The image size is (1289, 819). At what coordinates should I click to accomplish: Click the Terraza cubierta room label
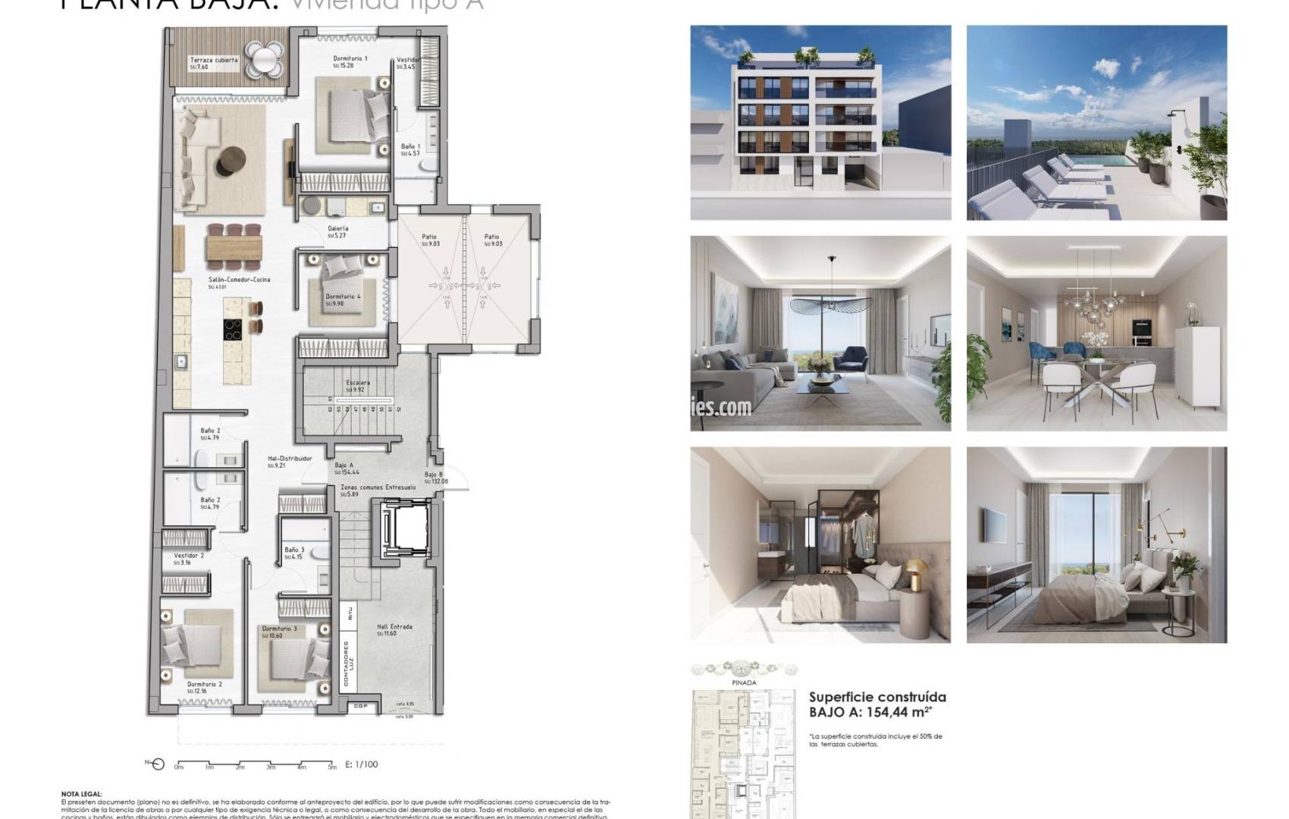214,60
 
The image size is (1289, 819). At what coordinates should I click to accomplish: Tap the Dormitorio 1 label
350,58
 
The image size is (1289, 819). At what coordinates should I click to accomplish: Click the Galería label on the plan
338,228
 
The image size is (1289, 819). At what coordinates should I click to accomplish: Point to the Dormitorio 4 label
343,297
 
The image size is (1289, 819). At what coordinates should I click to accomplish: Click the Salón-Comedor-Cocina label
239,280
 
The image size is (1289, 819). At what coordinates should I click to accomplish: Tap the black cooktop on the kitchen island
233,328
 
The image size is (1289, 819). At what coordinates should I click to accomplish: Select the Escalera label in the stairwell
358,383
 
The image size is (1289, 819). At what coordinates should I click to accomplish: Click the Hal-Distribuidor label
290,459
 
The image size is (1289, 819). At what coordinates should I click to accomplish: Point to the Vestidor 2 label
189,556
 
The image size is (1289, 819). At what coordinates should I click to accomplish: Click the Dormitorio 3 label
279,629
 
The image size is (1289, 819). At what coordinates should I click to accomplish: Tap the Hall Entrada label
394,627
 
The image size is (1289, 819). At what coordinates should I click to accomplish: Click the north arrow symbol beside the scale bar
157,764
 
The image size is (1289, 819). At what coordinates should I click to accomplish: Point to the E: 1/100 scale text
361,764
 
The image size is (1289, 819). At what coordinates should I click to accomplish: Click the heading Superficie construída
877,697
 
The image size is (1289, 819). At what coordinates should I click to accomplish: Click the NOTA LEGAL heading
81,794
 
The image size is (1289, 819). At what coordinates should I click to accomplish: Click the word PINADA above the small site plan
744,682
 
